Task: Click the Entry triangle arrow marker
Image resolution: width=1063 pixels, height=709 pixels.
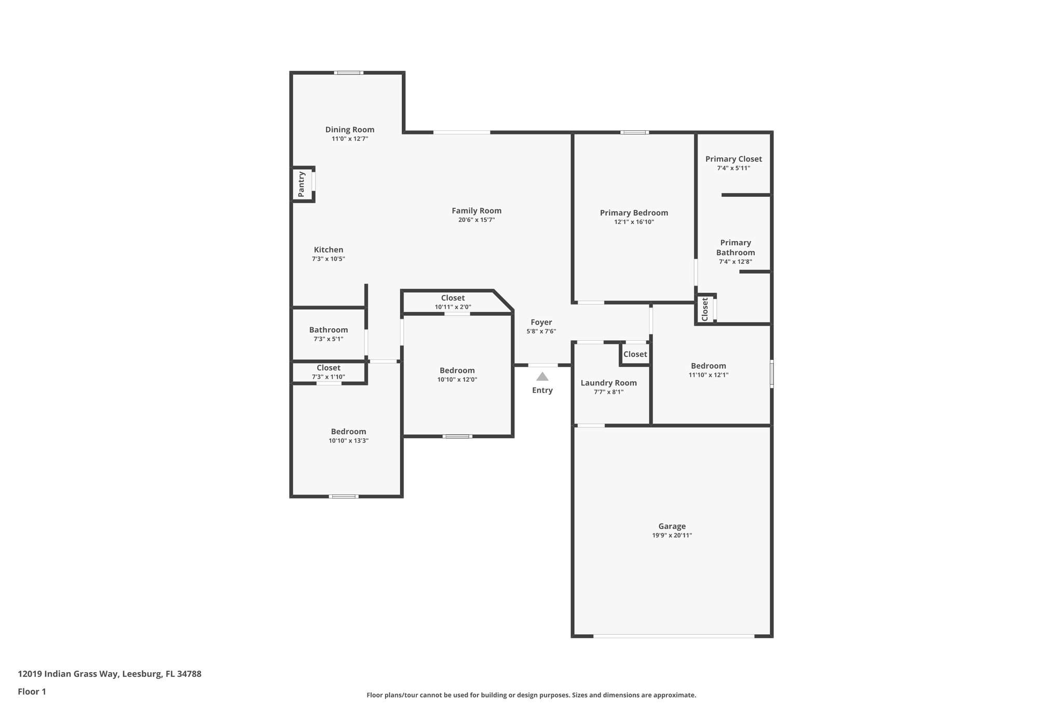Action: [x=542, y=377]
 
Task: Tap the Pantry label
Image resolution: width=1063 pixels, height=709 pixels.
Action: [x=302, y=184]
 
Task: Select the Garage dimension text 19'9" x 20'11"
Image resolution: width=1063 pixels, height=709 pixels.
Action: [x=672, y=536]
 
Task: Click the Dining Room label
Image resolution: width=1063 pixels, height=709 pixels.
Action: [x=349, y=130]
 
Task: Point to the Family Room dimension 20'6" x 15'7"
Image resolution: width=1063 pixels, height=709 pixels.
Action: [x=476, y=220]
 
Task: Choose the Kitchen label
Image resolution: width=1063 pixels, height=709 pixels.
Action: [x=328, y=250]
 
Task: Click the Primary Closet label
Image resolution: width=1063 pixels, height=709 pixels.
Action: [x=733, y=159]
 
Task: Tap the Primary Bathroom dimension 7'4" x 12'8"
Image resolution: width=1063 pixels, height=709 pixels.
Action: [x=735, y=262]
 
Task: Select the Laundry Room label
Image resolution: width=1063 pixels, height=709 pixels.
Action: [x=608, y=383]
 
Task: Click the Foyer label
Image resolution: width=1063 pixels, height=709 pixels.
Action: [x=541, y=322]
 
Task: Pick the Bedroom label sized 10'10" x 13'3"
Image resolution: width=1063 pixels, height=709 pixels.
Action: [x=348, y=432]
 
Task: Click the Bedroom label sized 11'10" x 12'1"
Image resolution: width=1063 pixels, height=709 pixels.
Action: [x=708, y=366]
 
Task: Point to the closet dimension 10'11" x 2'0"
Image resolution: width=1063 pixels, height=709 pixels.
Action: [x=453, y=307]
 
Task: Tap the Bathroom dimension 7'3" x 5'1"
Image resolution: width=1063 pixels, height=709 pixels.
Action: [x=328, y=339]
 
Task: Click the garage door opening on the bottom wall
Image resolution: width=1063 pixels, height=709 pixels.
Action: [x=673, y=636]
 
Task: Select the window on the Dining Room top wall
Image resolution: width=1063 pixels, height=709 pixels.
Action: [x=348, y=73]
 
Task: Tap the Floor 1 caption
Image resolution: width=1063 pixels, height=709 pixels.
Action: [x=32, y=691]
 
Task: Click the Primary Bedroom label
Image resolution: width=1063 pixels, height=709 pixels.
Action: [x=633, y=213]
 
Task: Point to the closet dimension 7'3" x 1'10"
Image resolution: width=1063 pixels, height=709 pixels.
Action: [x=328, y=377]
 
